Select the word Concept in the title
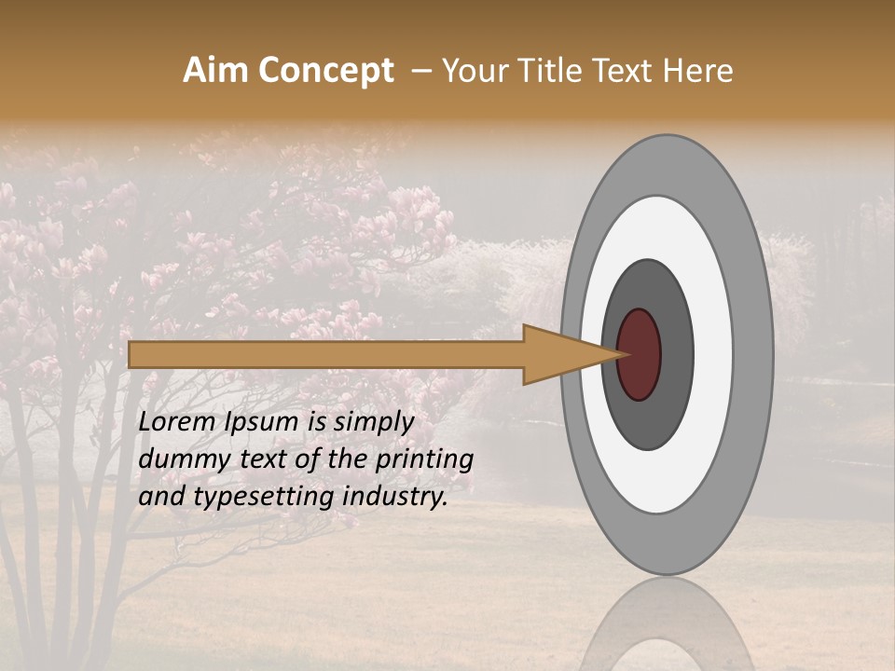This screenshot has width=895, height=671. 325,71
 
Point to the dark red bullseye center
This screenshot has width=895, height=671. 640,354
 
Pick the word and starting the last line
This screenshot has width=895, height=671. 161,497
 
